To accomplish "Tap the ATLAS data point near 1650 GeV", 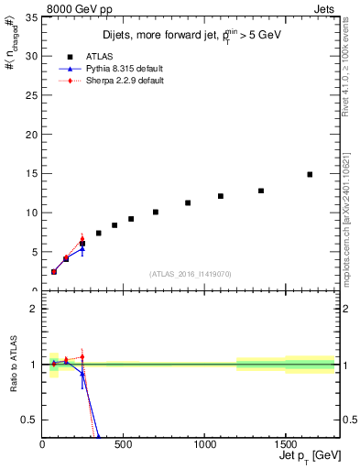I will tap(310, 174).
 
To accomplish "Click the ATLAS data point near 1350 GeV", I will tap(261, 191).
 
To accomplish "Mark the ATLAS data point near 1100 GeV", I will tap(221, 196).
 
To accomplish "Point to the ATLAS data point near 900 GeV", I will tap(188, 203).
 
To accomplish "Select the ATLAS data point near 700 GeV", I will tap(156, 212).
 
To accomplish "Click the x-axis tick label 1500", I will tap(286, 444).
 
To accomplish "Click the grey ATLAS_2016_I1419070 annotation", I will tap(189, 273).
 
